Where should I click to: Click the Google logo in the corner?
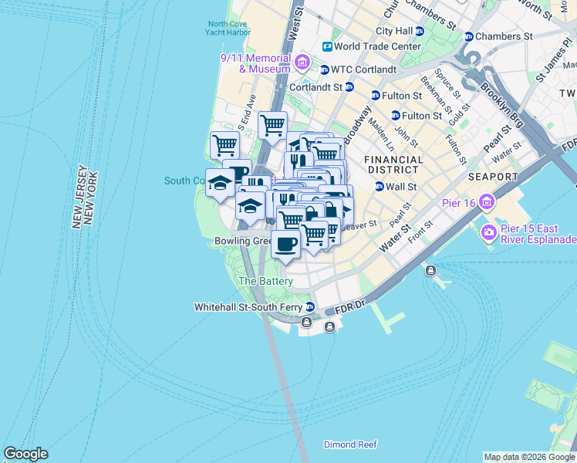click(25, 454)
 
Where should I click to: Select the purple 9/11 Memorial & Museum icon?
click(302, 62)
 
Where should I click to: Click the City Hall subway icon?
click(420, 31)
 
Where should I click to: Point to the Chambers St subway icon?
click(468, 36)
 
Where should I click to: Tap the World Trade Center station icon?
click(327, 47)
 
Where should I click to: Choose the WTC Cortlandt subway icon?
click(326, 69)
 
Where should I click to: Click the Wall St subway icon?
click(379, 186)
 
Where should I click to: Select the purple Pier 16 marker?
click(487, 203)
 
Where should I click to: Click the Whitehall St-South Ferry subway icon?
click(309, 306)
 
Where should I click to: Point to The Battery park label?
click(265, 282)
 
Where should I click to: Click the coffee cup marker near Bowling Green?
click(285, 244)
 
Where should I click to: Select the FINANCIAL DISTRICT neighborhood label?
click(394, 165)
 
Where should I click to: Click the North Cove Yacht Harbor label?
click(228, 27)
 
